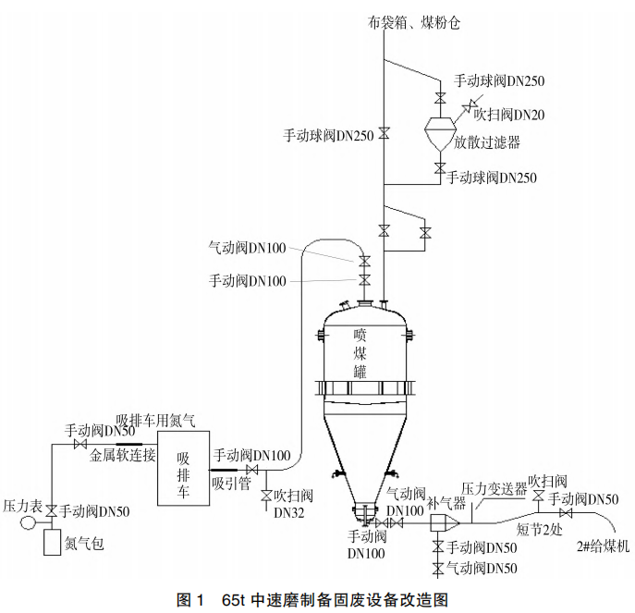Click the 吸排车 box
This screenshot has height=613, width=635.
click(x=183, y=467)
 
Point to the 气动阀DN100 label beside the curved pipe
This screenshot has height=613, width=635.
click(x=247, y=247)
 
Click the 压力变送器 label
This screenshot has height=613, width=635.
click(x=494, y=487)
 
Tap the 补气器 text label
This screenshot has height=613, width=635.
click(x=441, y=504)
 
